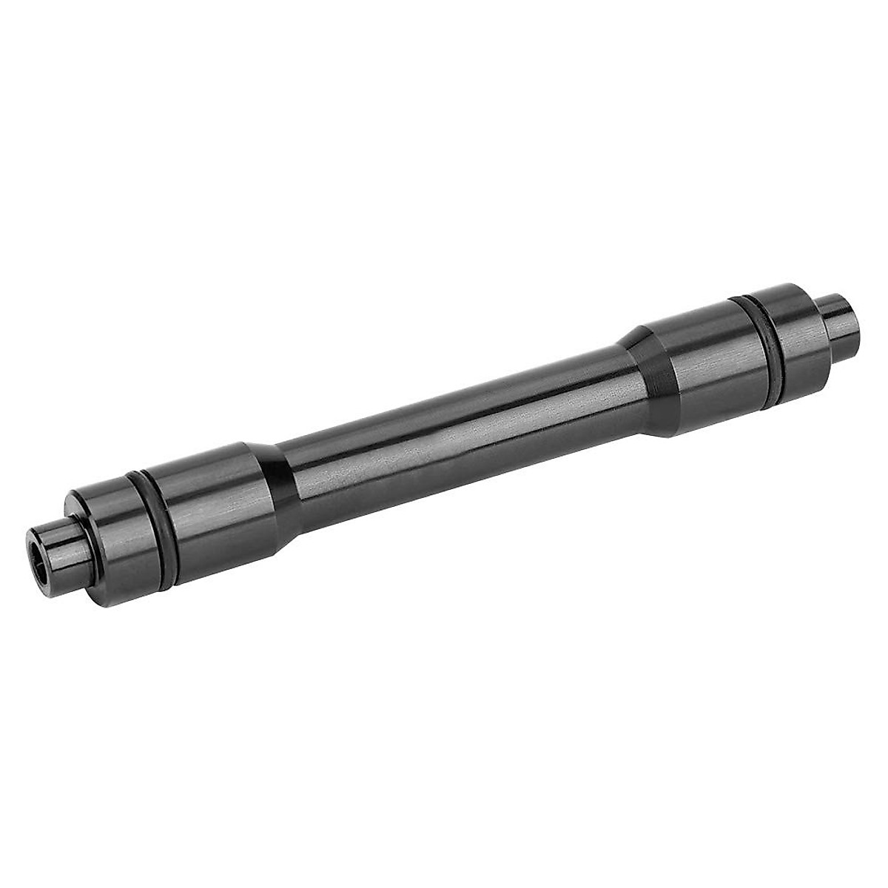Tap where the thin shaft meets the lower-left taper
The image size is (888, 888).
pyautogui.click(x=292, y=481)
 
